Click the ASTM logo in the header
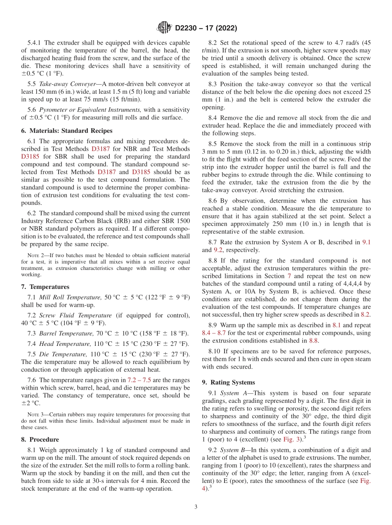click(x=164, y=28)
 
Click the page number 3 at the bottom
click(x=196, y=507)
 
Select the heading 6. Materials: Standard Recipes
click(x=67, y=131)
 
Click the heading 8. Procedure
click(x=40, y=440)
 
